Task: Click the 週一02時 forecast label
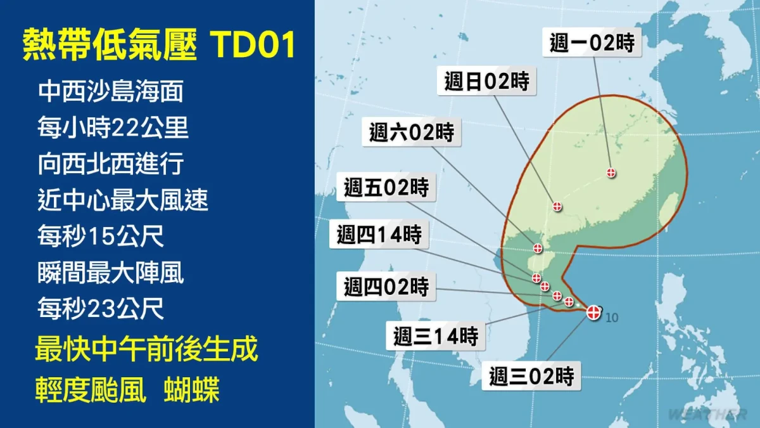[x=592, y=42]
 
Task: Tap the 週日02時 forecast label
[x=486, y=81]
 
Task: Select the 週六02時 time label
[x=412, y=132]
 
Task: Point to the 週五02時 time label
[x=386, y=187]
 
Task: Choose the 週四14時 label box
[x=379, y=235]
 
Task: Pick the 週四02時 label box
[x=386, y=287]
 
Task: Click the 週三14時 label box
[x=436, y=336]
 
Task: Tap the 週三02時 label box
[x=531, y=376]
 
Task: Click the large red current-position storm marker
[x=593, y=312]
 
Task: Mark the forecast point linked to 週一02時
[x=611, y=172]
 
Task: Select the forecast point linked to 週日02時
[x=557, y=206]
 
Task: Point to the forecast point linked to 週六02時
[x=538, y=249]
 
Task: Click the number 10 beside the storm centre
[x=612, y=318]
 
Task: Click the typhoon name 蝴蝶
[x=192, y=389]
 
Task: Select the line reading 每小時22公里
[x=113, y=127]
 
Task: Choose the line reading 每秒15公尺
[x=101, y=235]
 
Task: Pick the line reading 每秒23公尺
[x=101, y=308]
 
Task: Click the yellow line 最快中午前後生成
[x=146, y=349]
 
